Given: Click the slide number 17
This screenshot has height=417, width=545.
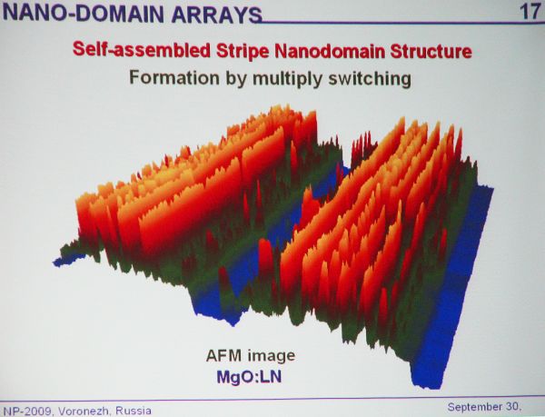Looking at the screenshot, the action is pyautogui.click(x=529, y=12).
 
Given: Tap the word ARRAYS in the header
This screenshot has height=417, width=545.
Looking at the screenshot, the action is pyautogui.click(x=216, y=15).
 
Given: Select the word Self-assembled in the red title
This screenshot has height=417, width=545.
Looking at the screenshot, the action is pyautogui.click(x=142, y=50).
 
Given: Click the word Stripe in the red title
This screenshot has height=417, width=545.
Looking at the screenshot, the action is pyautogui.click(x=243, y=52).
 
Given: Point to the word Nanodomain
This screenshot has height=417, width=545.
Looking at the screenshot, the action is pyautogui.click(x=330, y=52).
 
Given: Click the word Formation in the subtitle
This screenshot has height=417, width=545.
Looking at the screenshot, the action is pyautogui.click(x=174, y=77).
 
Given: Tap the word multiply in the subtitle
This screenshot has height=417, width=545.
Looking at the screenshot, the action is pyautogui.click(x=287, y=79).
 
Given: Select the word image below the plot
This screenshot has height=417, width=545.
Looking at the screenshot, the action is pyautogui.click(x=271, y=356).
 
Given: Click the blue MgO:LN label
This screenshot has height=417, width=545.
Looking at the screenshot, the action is pyautogui.click(x=249, y=377).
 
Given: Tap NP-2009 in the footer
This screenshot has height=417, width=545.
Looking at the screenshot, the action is pyautogui.click(x=27, y=411).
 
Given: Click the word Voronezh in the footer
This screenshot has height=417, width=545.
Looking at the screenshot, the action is pyautogui.click(x=84, y=411).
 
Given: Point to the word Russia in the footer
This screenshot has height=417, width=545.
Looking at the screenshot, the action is pyautogui.click(x=134, y=411).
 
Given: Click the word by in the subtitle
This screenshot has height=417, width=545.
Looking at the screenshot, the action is pyautogui.click(x=235, y=79).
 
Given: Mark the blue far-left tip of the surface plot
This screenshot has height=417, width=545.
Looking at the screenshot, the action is pyautogui.click(x=54, y=263).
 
